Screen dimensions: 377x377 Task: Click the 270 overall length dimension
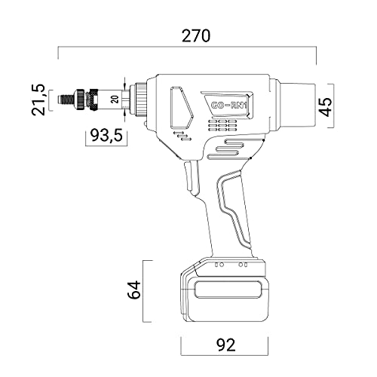195,36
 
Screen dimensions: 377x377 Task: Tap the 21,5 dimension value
38,100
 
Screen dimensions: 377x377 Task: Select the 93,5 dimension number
106,136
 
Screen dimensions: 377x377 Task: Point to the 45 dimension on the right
326,106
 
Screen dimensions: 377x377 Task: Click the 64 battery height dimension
133,290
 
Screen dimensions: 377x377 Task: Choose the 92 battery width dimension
226,345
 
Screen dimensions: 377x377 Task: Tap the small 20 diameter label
115,100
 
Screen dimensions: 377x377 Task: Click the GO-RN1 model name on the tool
228,106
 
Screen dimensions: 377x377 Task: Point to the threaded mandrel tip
66,100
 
